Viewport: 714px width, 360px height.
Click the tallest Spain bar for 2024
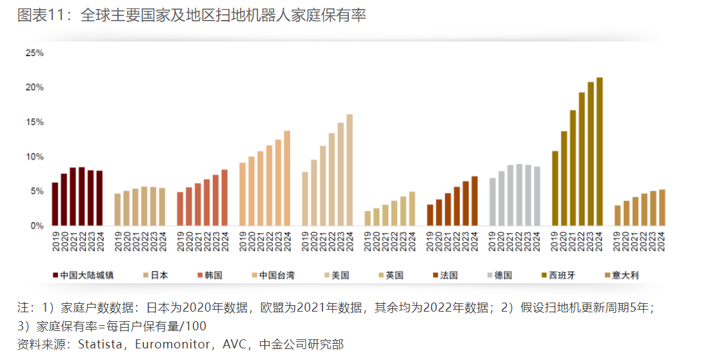599,152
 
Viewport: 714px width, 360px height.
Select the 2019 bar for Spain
555,188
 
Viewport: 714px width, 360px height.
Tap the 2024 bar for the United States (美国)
350,170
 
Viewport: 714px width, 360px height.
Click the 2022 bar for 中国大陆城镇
81,197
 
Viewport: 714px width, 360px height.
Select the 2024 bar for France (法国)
475,201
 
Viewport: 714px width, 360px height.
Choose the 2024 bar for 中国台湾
287,179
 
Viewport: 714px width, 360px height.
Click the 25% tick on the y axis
34,53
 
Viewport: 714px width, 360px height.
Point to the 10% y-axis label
34,157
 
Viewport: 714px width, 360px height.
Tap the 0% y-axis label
37,226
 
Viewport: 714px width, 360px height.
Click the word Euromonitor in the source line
176,345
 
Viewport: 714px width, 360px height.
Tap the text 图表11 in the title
40,15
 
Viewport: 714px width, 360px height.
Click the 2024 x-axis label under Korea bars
224,242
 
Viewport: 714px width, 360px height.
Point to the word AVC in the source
235,345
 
